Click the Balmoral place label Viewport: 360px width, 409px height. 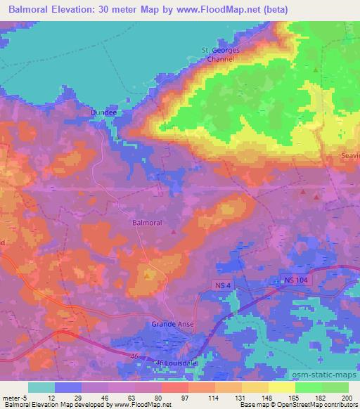[x=147, y=222]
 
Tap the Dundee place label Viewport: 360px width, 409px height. [x=103, y=111]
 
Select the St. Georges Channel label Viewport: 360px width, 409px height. [x=220, y=55]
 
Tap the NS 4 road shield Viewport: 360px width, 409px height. [x=222, y=283]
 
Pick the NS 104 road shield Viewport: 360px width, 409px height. [x=297, y=280]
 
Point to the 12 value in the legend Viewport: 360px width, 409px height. [x=41, y=398]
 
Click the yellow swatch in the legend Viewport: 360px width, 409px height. [x=282, y=387]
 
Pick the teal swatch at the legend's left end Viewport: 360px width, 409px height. [x=41, y=387]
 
